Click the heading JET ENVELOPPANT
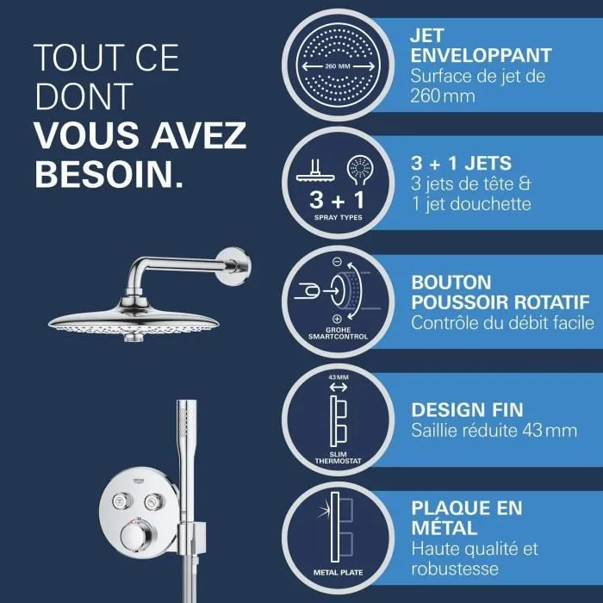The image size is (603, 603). [x=482, y=47]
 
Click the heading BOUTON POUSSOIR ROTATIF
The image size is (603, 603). [x=500, y=293]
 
